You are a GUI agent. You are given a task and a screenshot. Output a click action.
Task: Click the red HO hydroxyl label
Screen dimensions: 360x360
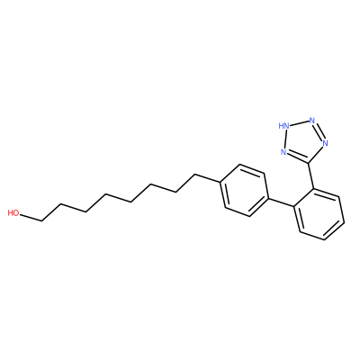pos(13,213)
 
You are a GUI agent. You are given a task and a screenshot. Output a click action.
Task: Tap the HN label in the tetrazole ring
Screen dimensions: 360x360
pos(283,126)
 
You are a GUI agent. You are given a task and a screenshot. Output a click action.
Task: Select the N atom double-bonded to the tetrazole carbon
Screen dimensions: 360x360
pos(283,152)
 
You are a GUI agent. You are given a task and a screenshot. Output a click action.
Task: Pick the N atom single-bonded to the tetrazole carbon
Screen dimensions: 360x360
pos(325,143)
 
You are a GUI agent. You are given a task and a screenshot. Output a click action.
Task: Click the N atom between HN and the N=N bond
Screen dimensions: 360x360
pos(312,121)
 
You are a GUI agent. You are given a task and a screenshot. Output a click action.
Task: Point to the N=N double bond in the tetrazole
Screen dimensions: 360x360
pos(319,131)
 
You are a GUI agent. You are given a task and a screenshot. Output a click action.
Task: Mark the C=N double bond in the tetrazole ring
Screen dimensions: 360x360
pos(297,157)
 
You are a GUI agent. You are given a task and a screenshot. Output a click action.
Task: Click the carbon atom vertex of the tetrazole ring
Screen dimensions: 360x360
pos(309,164)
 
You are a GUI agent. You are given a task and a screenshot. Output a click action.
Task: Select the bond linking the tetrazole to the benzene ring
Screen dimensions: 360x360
pos(311,176)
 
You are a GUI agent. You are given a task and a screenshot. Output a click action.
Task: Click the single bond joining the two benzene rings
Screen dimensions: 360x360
pos(280,202)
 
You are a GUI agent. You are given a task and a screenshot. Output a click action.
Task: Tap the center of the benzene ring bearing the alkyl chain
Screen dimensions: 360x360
pos(244,190)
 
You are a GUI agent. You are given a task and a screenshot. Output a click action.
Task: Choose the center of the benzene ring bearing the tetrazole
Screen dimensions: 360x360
pos(319,214)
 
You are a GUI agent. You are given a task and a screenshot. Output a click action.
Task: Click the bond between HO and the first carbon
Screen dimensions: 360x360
pos(31,218)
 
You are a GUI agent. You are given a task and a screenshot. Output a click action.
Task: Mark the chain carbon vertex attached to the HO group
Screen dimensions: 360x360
pos(42,221)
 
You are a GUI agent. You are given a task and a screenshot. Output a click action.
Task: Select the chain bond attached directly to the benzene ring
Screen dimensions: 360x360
pos(207,178)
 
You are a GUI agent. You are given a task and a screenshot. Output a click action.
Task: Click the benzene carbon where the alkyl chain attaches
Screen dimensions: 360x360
pos(220,183)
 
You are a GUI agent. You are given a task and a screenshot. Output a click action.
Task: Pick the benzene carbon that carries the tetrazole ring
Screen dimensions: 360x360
pos(314,189)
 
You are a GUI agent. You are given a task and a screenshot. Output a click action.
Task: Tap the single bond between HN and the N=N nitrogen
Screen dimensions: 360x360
pos(300,123)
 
